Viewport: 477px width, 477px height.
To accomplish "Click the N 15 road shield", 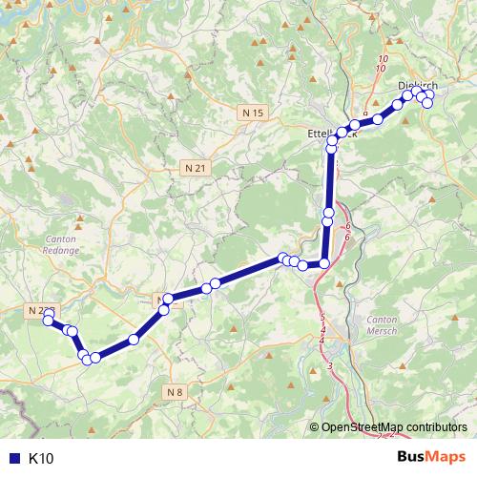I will [x=252, y=114].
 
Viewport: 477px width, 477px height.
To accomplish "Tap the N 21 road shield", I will [x=197, y=168].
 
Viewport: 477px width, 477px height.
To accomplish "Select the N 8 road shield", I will [x=174, y=392].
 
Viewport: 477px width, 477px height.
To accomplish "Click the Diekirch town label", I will [x=416, y=86].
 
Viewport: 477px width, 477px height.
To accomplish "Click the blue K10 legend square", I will [x=12, y=459].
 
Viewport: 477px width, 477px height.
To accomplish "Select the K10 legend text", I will [x=41, y=459].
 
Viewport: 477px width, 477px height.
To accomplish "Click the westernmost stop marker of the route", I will [x=48, y=321].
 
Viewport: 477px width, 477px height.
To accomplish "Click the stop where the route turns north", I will [x=324, y=263].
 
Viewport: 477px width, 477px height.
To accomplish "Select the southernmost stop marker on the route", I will [x=94, y=359].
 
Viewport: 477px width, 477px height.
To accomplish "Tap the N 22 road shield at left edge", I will [x=39, y=310].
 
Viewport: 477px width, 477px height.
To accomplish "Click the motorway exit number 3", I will [x=330, y=366].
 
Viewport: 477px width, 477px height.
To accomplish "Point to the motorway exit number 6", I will [x=348, y=226].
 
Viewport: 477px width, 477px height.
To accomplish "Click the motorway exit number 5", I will [x=322, y=318].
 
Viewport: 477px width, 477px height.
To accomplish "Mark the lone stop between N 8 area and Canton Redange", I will [x=134, y=339].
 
